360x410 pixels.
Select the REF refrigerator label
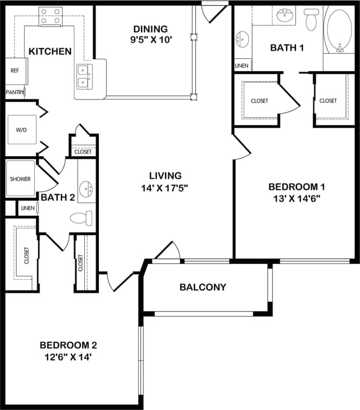click(x=15, y=71)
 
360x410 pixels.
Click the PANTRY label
click(x=15, y=92)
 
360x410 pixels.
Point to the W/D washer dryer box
click(x=22, y=130)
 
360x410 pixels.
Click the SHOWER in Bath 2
click(x=21, y=179)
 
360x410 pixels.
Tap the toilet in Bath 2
click(x=81, y=217)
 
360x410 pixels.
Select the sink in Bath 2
click(x=88, y=187)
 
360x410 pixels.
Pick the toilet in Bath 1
click(x=311, y=19)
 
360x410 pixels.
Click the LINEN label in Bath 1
click(x=241, y=66)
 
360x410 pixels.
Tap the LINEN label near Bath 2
click(x=27, y=208)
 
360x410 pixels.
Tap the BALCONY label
click(x=203, y=287)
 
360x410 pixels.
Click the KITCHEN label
click(x=50, y=51)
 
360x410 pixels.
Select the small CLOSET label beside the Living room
click(x=83, y=152)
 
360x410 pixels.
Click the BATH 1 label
click(x=284, y=48)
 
